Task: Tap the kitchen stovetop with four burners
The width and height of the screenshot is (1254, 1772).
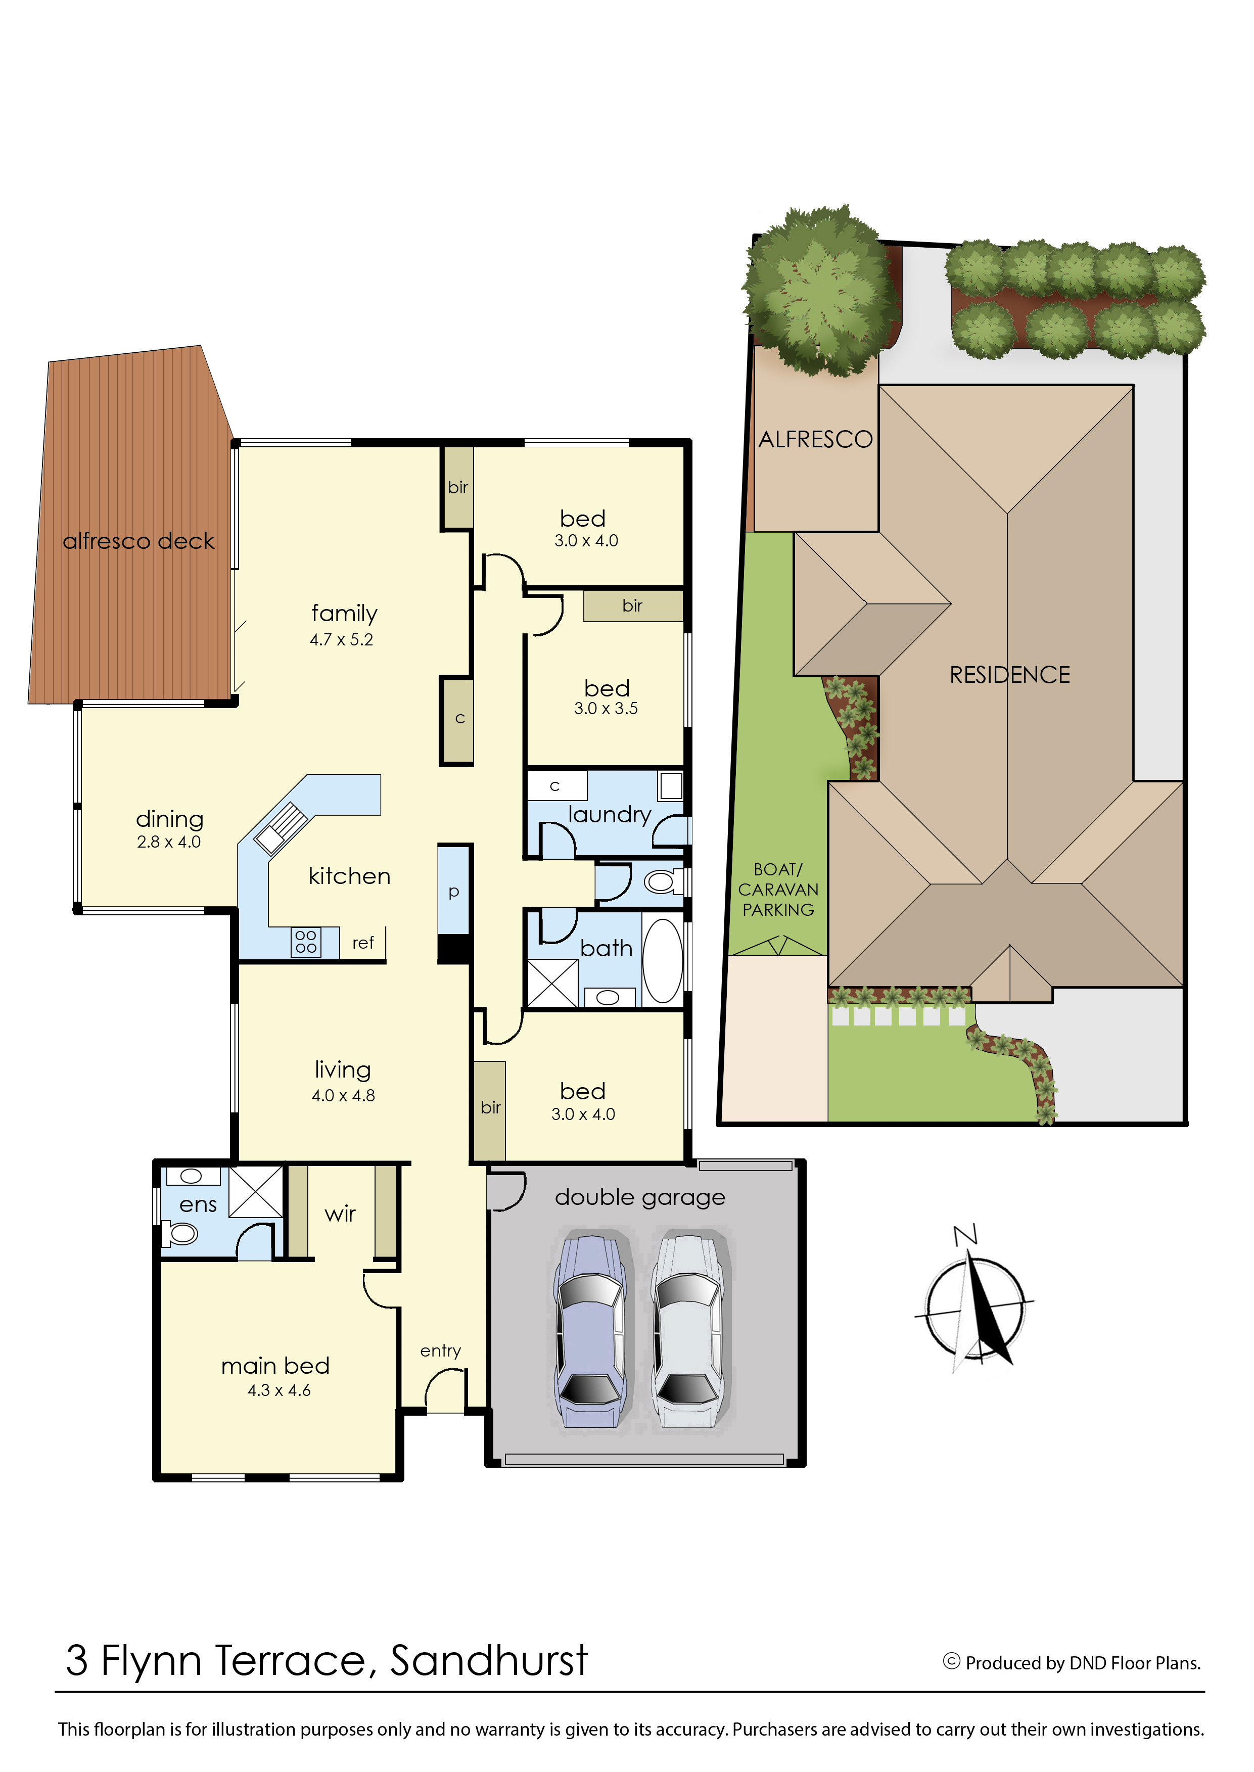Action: [x=306, y=942]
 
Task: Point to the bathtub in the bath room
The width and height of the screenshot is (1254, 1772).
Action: [x=663, y=960]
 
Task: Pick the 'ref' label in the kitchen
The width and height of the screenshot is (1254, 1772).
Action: [x=363, y=943]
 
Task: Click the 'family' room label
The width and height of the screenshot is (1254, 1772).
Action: [x=344, y=614]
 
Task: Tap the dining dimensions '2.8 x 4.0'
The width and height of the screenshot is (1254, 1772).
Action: [x=169, y=843]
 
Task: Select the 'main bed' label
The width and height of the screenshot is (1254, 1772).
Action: [x=275, y=1366]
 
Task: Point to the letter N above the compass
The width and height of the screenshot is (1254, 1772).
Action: [x=966, y=1235]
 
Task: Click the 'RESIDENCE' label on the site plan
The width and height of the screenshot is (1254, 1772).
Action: [x=1010, y=675]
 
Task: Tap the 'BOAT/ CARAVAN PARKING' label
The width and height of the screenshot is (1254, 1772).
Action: [x=778, y=890]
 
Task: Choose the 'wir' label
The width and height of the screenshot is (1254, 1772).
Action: [x=341, y=1214]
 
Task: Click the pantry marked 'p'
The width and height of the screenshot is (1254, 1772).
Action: [x=454, y=890]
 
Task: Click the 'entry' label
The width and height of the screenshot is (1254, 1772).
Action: [x=441, y=1350]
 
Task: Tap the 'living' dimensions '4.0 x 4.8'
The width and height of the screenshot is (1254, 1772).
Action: [x=344, y=1096]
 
